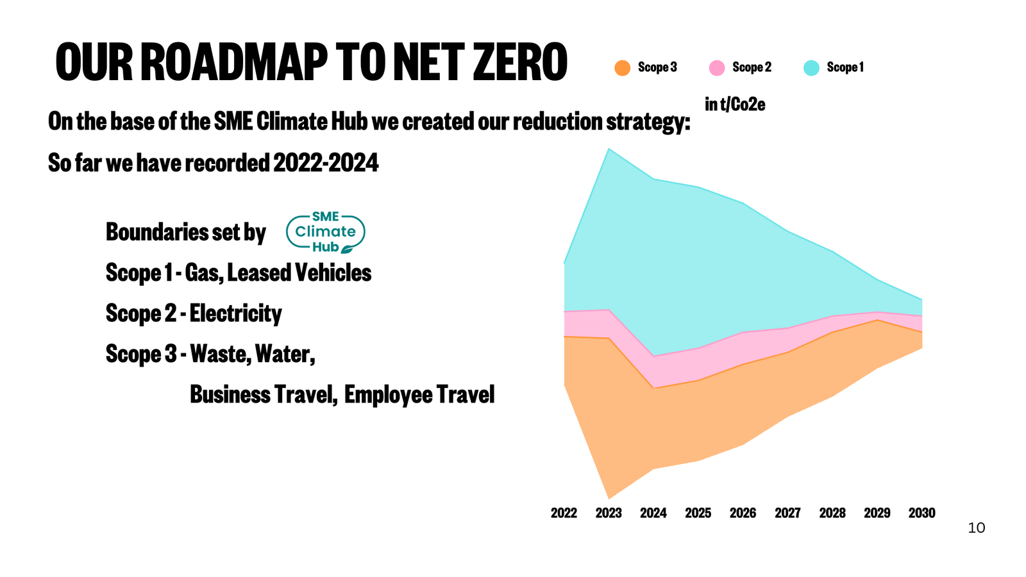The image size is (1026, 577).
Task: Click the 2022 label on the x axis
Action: tap(564, 513)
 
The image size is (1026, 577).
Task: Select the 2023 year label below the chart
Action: tap(609, 513)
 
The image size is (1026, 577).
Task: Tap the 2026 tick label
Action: tap(743, 513)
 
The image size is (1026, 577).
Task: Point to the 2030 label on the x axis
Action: tap(921, 513)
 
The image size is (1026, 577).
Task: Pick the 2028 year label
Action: tap(832, 513)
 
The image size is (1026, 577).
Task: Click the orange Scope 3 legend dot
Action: tap(622, 67)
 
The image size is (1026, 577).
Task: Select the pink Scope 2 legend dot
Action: tap(717, 67)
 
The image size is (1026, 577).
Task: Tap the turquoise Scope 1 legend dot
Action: tap(811, 67)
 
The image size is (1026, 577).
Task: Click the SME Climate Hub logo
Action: tap(326, 232)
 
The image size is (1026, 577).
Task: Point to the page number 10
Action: tap(976, 528)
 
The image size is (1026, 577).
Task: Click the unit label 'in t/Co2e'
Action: tap(735, 105)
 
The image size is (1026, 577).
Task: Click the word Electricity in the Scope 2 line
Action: tap(235, 314)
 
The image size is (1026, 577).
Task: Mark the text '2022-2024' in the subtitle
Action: tap(326, 163)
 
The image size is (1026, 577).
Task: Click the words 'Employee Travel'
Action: tap(419, 394)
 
